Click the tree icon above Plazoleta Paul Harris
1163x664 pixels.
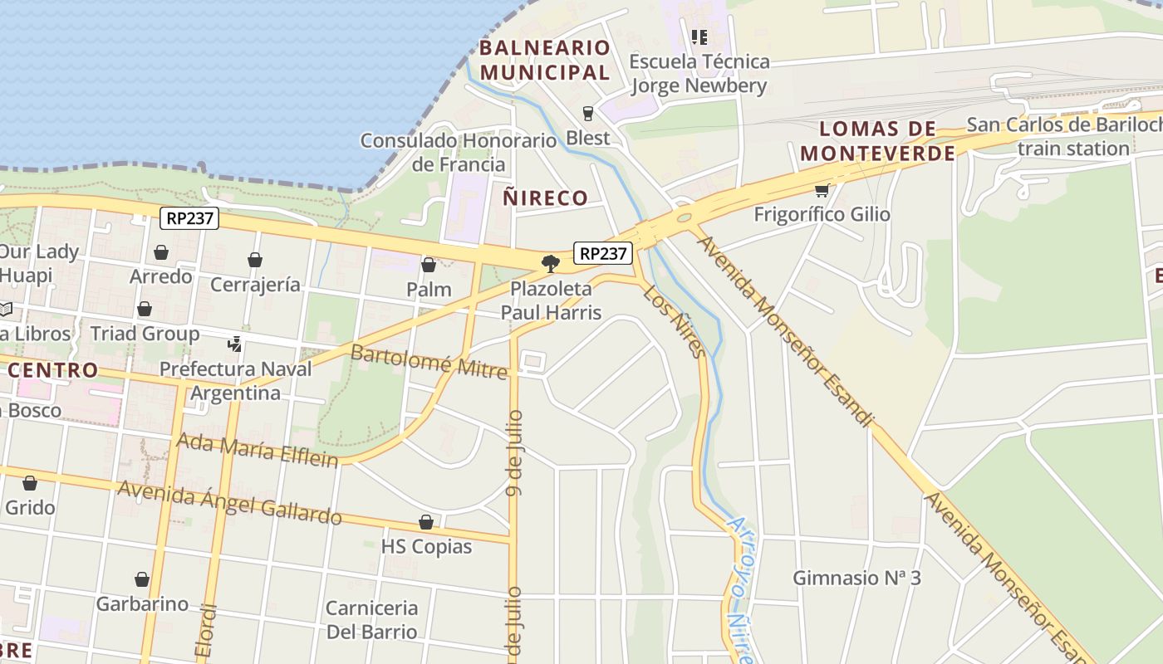click(x=550, y=264)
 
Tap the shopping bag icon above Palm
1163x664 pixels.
click(x=429, y=266)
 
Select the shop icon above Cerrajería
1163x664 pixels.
click(x=255, y=261)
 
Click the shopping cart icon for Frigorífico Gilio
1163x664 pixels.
click(x=822, y=191)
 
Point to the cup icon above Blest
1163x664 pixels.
click(x=588, y=113)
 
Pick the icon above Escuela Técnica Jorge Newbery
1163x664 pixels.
click(x=699, y=37)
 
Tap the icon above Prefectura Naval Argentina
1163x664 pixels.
click(x=235, y=344)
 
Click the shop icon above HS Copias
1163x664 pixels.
click(x=426, y=522)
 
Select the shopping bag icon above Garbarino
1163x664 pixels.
click(x=142, y=579)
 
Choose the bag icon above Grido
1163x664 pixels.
click(x=30, y=483)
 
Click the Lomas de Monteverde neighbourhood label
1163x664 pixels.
click(x=877, y=141)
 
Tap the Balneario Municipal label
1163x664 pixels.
click(x=545, y=60)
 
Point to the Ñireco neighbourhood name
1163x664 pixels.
click(x=545, y=198)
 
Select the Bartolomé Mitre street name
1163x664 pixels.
click(x=429, y=362)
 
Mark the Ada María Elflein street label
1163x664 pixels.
click(x=258, y=451)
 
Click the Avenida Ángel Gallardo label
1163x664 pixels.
click(x=229, y=503)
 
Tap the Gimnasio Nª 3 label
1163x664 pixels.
click(x=856, y=578)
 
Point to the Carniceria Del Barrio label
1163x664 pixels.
click(x=371, y=620)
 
